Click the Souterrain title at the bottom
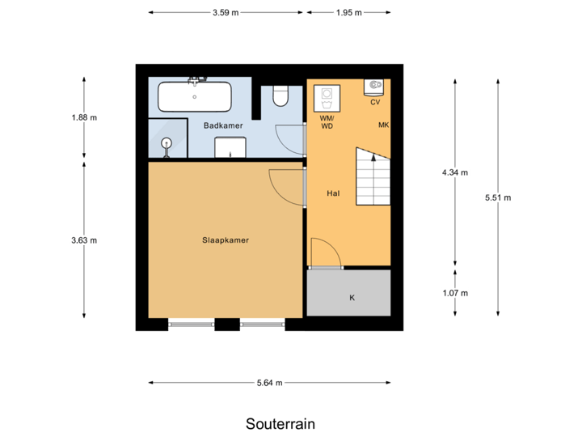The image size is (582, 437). point(280,424)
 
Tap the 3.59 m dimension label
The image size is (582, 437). point(226,13)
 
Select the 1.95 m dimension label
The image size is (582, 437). point(349,13)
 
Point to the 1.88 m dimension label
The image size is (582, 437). point(84,117)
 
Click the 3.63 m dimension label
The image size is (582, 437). point(84,240)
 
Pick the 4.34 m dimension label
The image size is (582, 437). point(455,172)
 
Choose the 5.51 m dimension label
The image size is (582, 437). point(497,197)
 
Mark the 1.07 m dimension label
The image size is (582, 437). point(455,293)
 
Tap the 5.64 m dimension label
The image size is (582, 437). point(269,383)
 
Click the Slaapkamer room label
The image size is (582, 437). point(226,240)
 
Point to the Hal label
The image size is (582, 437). point(332,194)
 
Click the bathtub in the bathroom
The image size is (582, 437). point(195,96)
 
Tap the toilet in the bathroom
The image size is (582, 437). point(280,95)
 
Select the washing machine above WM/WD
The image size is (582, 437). point(327,99)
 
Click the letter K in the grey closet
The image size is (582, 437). point(352,298)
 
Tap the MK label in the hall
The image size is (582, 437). point(383,125)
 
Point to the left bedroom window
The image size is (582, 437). point(192,325)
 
